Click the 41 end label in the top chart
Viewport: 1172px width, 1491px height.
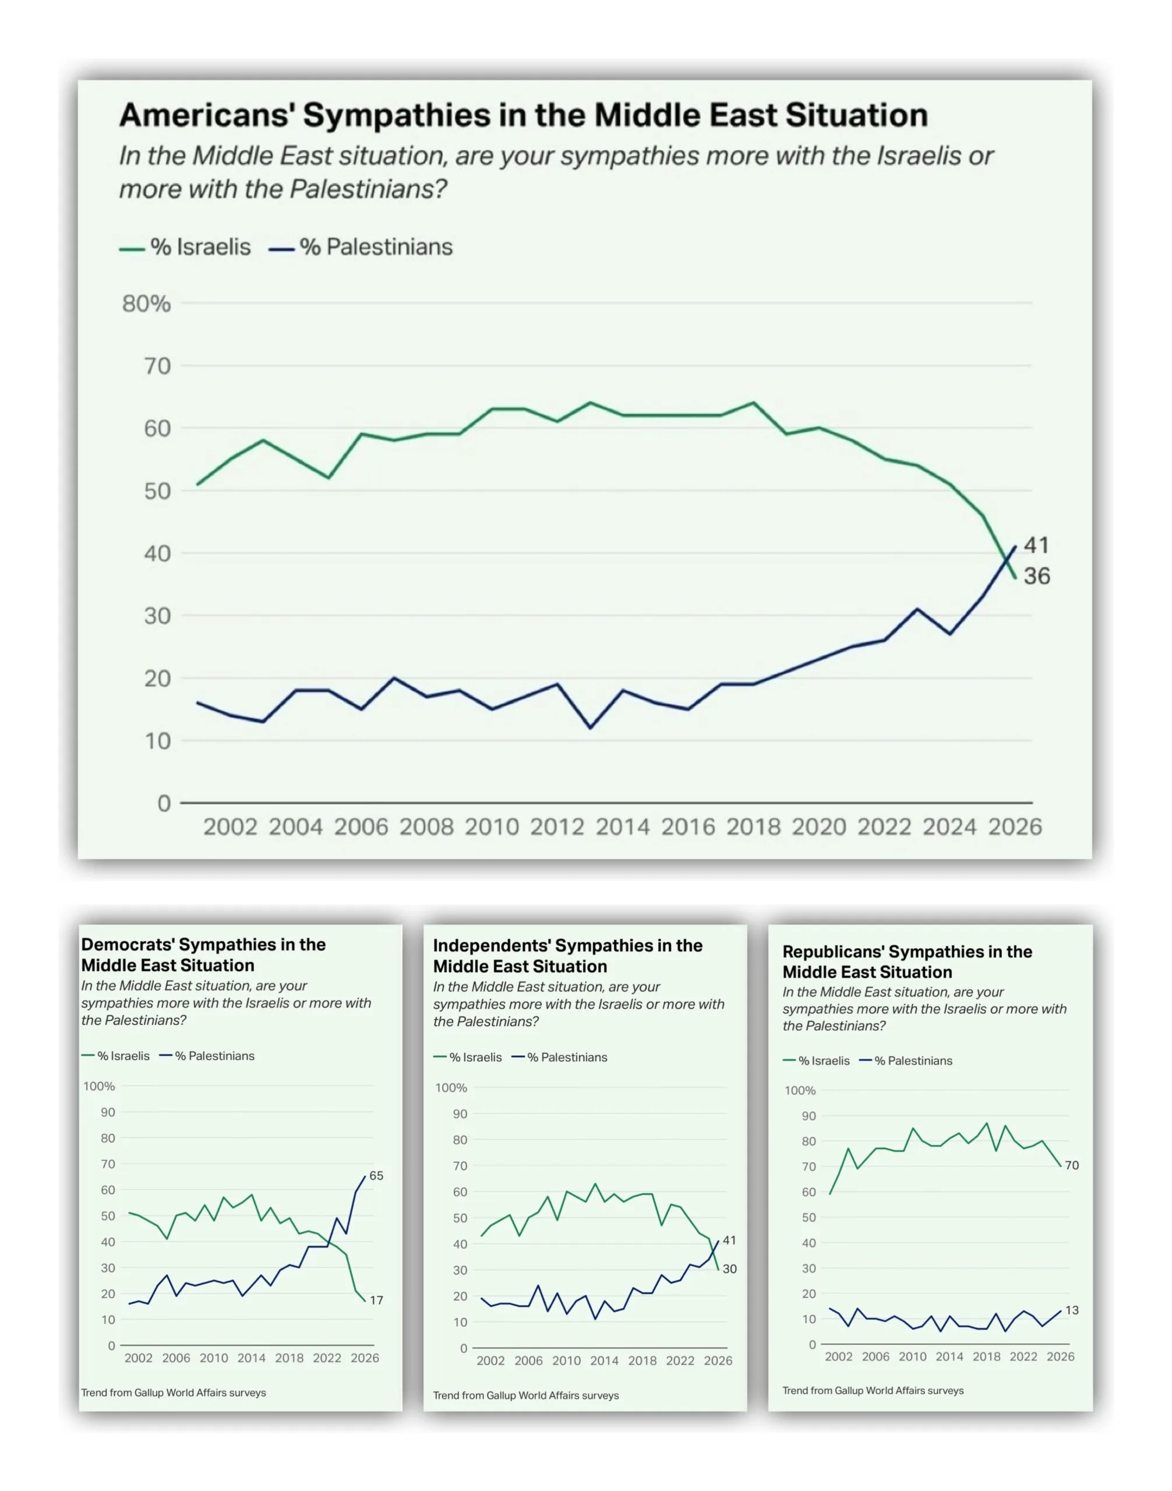coord(1036,546)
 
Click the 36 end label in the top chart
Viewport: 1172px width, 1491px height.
coord(1036,577)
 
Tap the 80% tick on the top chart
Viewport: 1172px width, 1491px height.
coord(146,303)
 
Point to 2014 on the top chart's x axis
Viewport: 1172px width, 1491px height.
coord(622,827)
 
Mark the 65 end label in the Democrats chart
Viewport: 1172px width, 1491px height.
coord(376,1175)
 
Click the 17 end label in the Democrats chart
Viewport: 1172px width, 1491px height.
coord(376,1300)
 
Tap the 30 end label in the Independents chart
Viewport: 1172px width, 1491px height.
coord(729,1269)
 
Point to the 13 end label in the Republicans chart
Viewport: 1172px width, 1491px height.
coord(1072,1310)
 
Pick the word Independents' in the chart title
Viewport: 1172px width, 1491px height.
coord(490,946)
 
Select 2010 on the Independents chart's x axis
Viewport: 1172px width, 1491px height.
coord(566,1361)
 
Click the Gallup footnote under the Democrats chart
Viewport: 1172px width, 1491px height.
coord(174,1393)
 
